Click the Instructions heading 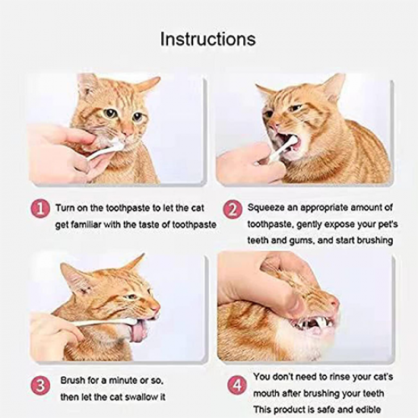(x=208, y=39)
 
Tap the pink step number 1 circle (x=40, y=208)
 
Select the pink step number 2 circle (x=233, y=210)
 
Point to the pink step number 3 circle (x=40, y=385)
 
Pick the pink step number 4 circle (x=237, y=385)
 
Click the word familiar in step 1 (x=85, y=225)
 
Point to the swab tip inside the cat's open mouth (x=292, y=140)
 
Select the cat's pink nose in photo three (x=157, y=308)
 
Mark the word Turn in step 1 (x=64, y=208)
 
